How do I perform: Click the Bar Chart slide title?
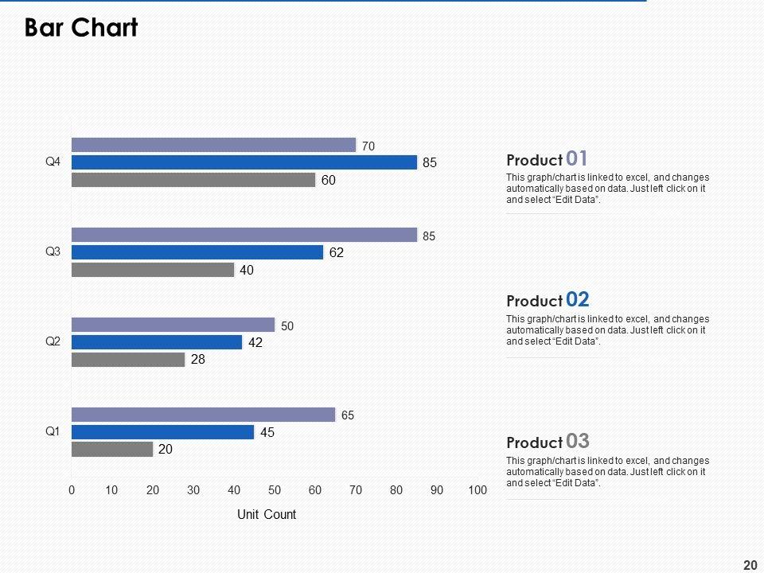pyautogui.click(x=81, y=28)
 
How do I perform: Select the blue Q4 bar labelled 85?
pyautogui.click(x=244, y=162)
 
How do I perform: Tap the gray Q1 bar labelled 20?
pyautogui.click(x=112, y=449)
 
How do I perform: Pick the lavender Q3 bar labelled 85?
pyautogui.click(x=244, y=235)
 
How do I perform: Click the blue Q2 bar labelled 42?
pyautogui.click(x=157, y=342)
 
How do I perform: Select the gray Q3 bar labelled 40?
pyautogui.click(x=153, y=270)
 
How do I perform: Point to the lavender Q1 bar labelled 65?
pyautogui.click(x=204, y=415)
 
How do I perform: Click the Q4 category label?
pyautogui.click(x=53, y=162)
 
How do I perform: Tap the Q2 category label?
pyautogui.click(x=53, y=341)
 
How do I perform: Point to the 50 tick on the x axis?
pyautogui.click(x=275, y=490)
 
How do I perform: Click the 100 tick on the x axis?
pyautogui.click(x=477, y=490)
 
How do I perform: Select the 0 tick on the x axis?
pyautogui.click(x=72, y=490)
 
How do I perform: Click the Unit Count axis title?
pyautogui.click(x=267, y=515)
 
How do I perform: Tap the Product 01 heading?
pyautogui.click(x=547, y=159)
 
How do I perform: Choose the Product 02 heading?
pyautogui.click(x=548, y=300)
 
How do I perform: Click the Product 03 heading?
pyautogui.click(x=548, y=442)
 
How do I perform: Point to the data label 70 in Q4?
pyautogui.click(x=368, y=146)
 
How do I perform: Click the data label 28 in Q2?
pyautogui.click(x=198, y=360)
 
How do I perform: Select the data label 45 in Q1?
pyautogui.click(x=267, y=433)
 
